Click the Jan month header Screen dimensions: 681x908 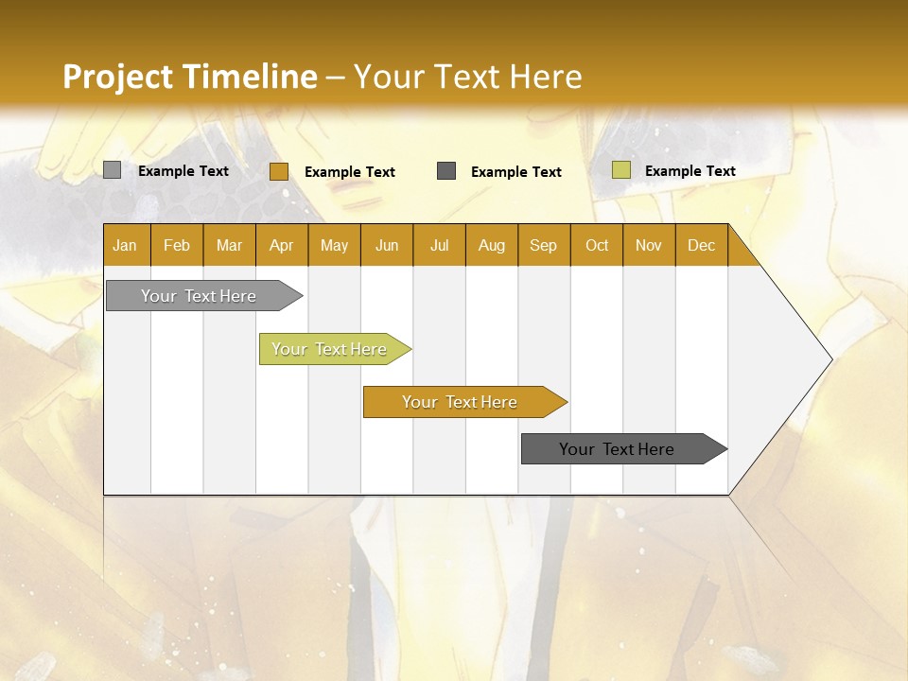point(125,245)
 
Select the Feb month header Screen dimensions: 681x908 point(177,245)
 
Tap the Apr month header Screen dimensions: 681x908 point(281,245)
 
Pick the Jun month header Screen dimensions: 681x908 point(387,245)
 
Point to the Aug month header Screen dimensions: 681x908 point(491,245)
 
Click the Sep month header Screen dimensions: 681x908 point(543,245)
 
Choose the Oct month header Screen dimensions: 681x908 point(597,245)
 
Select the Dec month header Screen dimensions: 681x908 point(701,245)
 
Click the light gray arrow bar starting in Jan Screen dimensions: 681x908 point(199,296)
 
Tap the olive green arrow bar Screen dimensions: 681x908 point(329,349)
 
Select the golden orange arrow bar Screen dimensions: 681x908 point(460,402)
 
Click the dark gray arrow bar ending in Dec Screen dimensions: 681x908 point(617,449)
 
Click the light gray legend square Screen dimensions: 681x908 point(113,170)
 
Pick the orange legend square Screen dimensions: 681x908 point(278,171)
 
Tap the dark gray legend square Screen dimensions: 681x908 point(446,171)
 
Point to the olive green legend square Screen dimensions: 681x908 point(620,170)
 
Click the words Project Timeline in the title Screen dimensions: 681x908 point(189,77)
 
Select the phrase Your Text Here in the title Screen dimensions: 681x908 point(467,77)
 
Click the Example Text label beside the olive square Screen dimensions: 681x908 point(690,171)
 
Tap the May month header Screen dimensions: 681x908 point(334,245)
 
